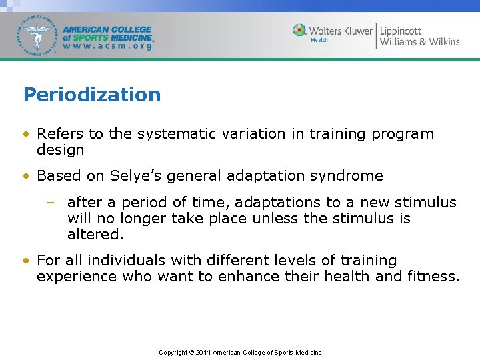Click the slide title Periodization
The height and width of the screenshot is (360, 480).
(x=92, y=95)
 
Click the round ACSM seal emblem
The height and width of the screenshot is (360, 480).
(x=37, y=35)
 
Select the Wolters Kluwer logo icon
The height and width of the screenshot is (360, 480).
(x=300, y=31)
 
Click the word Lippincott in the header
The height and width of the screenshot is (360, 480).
(x=401, y=31)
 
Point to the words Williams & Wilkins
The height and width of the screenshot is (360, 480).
(x=419, y=42)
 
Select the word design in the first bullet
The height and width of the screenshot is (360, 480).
(x=60, y=150)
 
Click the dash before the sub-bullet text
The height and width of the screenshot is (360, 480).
(x=53, y=203)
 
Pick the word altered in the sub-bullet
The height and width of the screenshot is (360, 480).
(x=93, y=235)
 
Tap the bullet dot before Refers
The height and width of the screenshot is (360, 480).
(x=26, y=135)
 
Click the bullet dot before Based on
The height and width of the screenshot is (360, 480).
(x=26, y=177)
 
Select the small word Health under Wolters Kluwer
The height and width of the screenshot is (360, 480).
(x=319, y=40)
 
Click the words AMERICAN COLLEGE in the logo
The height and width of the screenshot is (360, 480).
(x=107, y=30)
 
